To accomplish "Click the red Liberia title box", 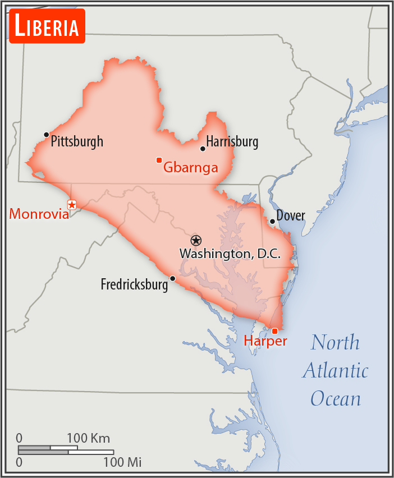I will click(x=47, y=26).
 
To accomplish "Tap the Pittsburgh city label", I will click(x=77, y=141).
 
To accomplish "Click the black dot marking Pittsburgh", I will click(x=47, y=135).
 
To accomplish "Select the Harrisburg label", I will click(x=232, y=142).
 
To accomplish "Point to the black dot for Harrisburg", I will click(x=203, y=149).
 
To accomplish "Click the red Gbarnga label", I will click(x=190, y=167).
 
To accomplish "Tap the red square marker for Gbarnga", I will click(x=159, y=160).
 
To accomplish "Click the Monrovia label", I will click(x=39, y=214).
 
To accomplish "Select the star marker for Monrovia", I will click(x=72, y=205).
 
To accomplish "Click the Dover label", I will click(x=291, y=215).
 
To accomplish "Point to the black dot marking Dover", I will click(x=272, y=221).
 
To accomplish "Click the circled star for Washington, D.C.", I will click(x=195, y=240).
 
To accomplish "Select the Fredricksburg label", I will click(x=134, y=284).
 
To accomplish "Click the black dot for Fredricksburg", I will click(x=172, y=278).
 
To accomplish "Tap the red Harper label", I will click(x=265, y=341).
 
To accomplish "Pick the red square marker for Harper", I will click(x=274, y=330).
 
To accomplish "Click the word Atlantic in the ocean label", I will click(x=336, y=371).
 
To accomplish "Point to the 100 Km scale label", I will click(x=89, y=438).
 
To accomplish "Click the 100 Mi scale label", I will click(x=122, y=462).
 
